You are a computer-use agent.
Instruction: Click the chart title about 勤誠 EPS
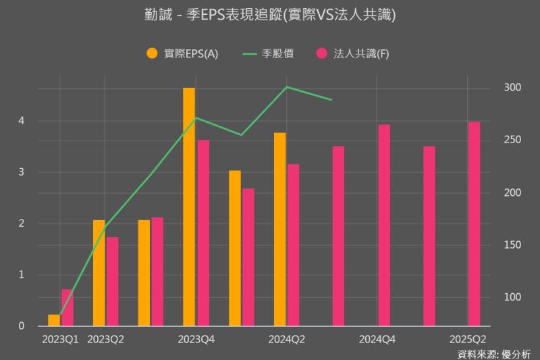[269, 14]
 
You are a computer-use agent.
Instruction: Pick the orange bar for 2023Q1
[54, 320]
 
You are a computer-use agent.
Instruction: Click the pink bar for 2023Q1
[67, 307]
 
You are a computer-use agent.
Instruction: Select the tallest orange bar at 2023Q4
[189, 207]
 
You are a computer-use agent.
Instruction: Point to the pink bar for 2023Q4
[202, 233]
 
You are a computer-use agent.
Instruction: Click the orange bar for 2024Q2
[279, 230]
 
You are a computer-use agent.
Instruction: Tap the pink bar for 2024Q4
[384, 226]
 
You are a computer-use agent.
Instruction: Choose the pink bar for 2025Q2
[474, 224]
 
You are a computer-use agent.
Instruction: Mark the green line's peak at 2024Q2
[287, 86]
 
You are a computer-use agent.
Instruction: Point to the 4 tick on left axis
[22, 121]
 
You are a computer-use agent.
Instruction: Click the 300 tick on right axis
[512, 88]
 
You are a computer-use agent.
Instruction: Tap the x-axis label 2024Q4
[377, 338]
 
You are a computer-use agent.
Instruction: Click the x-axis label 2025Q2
[468, 338]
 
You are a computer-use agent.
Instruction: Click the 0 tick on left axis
[22, 326]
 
